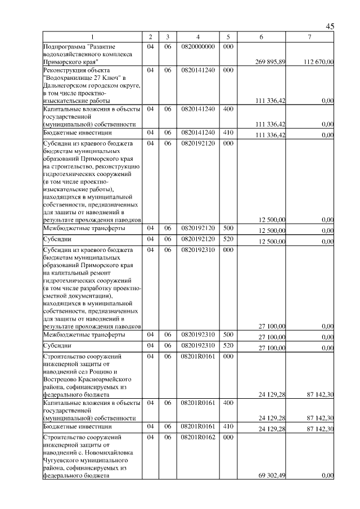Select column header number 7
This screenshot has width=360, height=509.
point(310,37)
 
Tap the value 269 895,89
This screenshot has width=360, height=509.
point(271,61)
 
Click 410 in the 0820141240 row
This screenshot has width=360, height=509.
point(228,133)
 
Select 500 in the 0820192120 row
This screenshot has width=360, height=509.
point(228,228)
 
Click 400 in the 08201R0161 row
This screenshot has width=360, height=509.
point(228,403)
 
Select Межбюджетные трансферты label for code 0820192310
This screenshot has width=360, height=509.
point(76,335)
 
